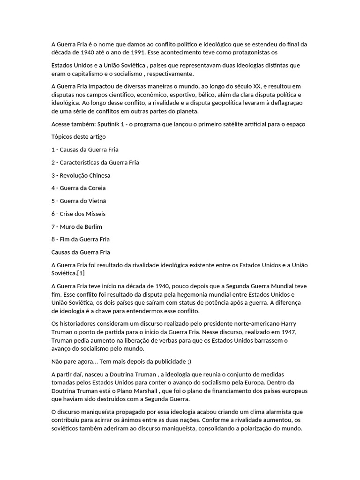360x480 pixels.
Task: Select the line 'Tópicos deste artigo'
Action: pos(78,137)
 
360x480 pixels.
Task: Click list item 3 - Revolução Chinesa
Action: pos(81,175)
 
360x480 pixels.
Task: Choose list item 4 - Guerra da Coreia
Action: pos(78,188)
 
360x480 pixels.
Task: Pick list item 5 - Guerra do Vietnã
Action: pos(78,201)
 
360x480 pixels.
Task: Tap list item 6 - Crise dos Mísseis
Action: pos(78,214)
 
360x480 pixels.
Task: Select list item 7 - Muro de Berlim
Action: pos(76,227)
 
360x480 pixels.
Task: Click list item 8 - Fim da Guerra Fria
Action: pos(80,240)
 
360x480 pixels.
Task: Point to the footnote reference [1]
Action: pos(80,273)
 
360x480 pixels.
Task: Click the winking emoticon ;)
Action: pos(188,361)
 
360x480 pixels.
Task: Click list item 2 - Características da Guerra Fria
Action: pos(95,163)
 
